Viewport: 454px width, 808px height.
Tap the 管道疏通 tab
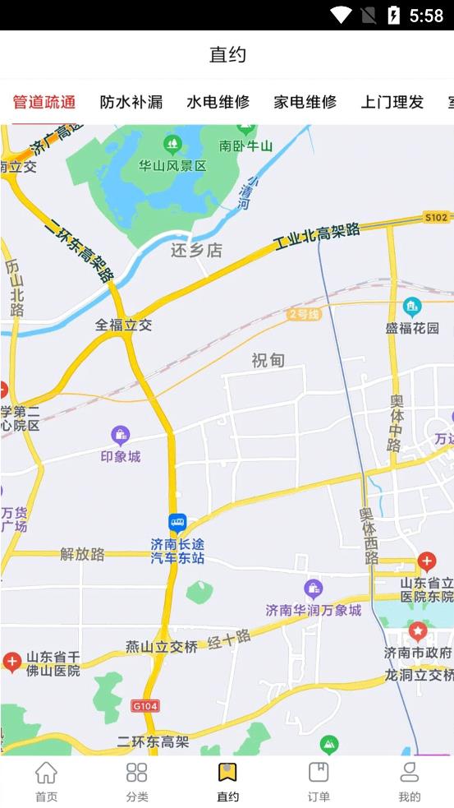point(44,102)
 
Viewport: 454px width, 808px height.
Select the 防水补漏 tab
point(131,102)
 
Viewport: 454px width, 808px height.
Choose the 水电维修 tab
point(218,102)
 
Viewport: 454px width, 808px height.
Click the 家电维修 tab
point(305,102)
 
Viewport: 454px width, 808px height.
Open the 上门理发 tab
point(392,102)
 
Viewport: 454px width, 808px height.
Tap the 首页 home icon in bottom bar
point(47,781)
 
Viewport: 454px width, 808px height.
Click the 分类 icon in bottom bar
point(137,781)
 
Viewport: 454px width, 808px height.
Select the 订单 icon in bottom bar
point(319,781)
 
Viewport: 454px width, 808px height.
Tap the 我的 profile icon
point(409,781)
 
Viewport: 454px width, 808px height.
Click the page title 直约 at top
point(227,55)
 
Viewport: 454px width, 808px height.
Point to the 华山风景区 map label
point(172,165)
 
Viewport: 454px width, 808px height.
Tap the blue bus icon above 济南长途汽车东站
point(177,523)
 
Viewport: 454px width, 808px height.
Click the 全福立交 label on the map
point(124,325)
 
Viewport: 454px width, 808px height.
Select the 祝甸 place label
point(268,360)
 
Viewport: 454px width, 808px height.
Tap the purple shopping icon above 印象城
point(121,435)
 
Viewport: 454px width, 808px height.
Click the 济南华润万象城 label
point(314,610)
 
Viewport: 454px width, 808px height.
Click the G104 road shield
point(145,705)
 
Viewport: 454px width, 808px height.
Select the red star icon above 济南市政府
point(418,631)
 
